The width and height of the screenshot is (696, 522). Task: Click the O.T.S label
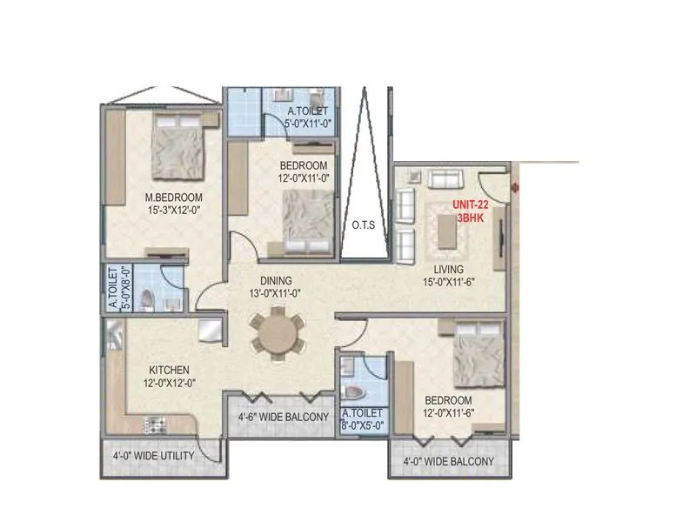363,224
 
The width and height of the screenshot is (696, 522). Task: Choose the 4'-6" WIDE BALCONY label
283,418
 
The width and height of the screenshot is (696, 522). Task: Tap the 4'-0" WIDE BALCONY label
448,461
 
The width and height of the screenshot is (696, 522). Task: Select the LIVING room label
450,270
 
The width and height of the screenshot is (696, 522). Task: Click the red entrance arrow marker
516,186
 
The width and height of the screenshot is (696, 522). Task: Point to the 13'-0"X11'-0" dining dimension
273,293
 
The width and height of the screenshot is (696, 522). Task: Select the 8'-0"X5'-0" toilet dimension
363,426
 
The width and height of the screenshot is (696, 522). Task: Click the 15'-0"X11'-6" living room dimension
450,282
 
